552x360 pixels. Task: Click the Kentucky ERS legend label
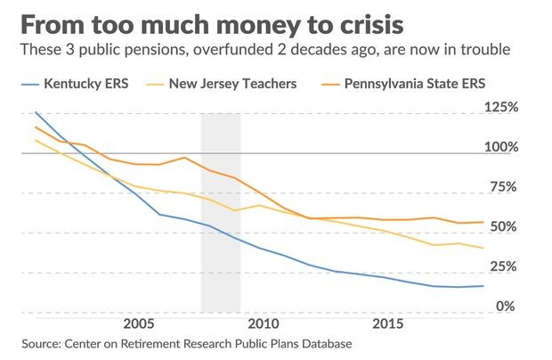(86, 84)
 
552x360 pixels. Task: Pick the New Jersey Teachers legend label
(232, 84)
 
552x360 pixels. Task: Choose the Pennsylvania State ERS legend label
(415, 84)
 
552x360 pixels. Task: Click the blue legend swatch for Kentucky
(30, 85)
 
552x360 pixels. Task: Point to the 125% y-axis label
(501, 107)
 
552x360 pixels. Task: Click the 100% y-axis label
(501, 146)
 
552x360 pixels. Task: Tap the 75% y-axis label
(504, 186)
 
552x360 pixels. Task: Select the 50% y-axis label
(504, 226)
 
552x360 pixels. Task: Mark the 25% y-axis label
(504, 266)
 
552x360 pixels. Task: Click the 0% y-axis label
(506, 307)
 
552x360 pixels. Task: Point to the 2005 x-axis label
(139, 323)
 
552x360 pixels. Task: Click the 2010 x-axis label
(264, 323)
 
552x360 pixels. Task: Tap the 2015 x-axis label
(388, 323)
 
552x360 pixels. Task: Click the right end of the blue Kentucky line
(483, 286)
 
